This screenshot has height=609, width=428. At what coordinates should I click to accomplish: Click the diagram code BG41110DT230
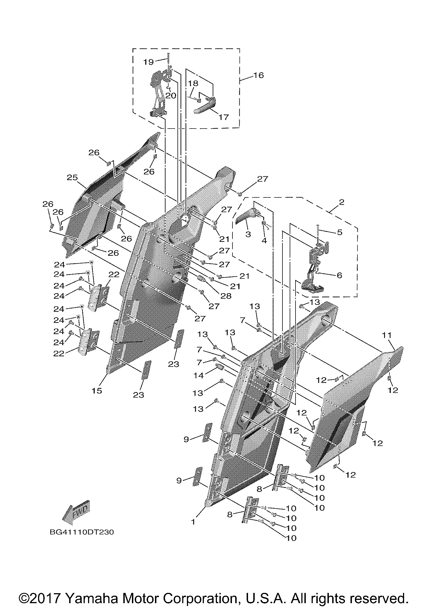(82, 532)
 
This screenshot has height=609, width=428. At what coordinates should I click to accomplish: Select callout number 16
(259, 75)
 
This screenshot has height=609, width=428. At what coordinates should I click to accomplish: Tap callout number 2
(341, 202)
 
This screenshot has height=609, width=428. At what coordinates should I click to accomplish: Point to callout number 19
(149, 62)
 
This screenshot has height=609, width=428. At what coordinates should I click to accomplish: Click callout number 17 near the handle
(223, 117)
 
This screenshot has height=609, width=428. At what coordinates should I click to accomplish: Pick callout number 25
(72, 177)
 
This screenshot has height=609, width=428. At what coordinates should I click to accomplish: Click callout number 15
(97, 390)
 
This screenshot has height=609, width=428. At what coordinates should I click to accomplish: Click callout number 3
(248, 234)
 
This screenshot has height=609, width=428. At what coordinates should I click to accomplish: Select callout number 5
(340, 232)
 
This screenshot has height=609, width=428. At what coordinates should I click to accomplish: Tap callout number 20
(171, 96)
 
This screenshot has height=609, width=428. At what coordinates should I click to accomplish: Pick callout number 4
(264, 240)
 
